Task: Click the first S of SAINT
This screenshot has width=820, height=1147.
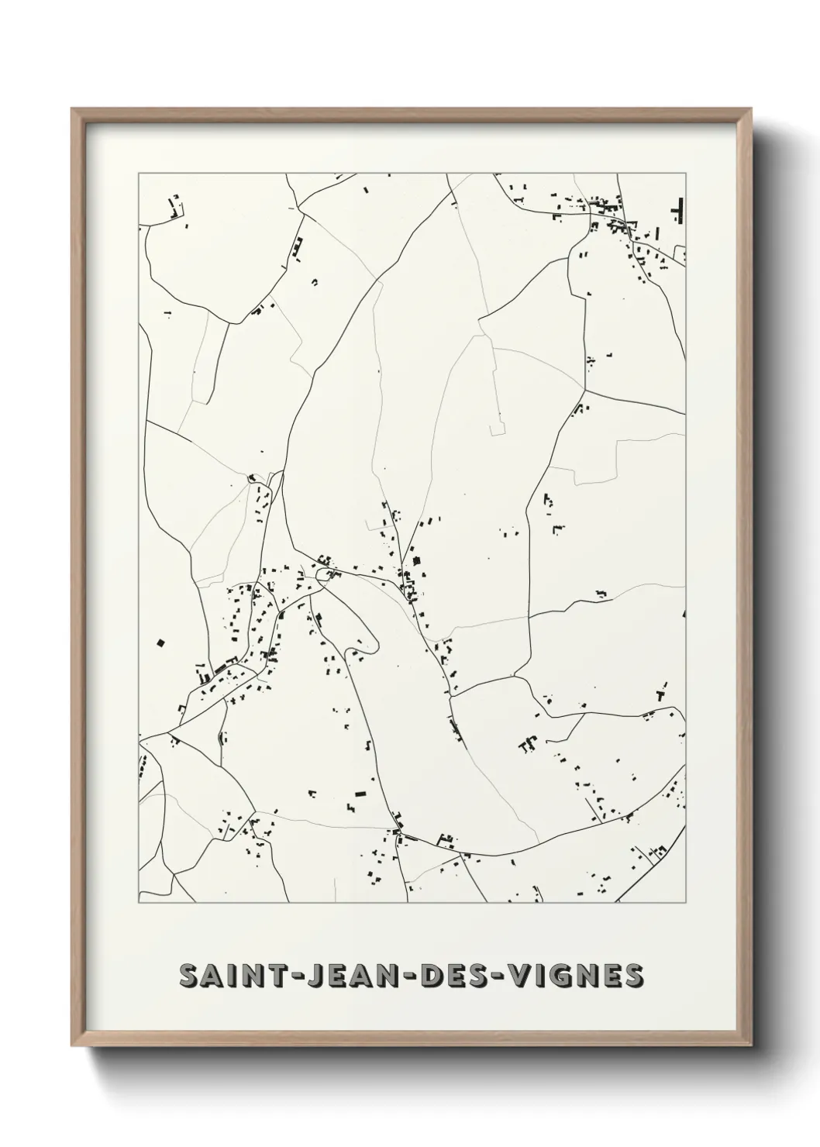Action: (188, 976)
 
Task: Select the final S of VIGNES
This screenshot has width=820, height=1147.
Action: (633, 976)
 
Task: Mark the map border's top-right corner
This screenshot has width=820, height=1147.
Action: (687, 174)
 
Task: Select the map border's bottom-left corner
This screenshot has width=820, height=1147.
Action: (139, 903)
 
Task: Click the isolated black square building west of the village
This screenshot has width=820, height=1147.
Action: (161, 642)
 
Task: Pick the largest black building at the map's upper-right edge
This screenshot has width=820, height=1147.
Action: (680, 210)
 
